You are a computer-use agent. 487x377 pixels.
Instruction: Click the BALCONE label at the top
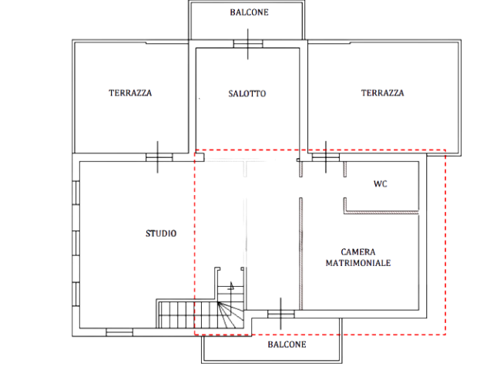pyautogui.click(x=249, y=12)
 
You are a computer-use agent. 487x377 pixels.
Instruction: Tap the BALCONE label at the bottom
pyautogui.click(x=287, y=345)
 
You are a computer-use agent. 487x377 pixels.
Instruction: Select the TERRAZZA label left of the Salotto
pyautogui.click(x=130, y=93)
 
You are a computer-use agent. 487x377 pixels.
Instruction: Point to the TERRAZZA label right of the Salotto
pyautogui.click(x=382, y=93)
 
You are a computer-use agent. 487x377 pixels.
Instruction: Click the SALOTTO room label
pyautogui.click(x=247, y=93)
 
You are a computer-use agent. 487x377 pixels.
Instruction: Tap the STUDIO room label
pyautogui.click(x=161, y=234)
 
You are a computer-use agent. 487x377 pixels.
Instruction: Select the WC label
pyautogui.click(x=381, y=184)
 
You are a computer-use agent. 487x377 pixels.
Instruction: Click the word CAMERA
pyautogui.click(x=358, y=252)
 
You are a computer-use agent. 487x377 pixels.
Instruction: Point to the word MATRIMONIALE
pyautogui.click(x=358, y=263)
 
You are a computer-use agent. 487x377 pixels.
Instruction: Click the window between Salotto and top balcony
pyautogui.click(x=248, y=44)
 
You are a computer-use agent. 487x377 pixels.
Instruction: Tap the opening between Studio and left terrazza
pyautogui.click(x=159, y=157)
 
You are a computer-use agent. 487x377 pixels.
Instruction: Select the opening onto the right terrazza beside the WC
pyautogui.click(x=326, y=157)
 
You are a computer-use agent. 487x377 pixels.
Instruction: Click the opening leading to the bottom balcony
pyautogui.click(x=281, y=314)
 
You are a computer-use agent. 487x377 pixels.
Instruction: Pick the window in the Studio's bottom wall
pyautogui.click(x=119, y=332)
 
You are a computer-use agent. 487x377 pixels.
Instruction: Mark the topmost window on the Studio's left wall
pyautogui.click(x=76, y=193)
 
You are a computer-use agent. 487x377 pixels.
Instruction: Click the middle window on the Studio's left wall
pyautogui.click(x=76, y=243)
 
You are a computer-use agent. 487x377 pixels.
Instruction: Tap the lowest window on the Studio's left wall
pyautogui.click(x=76, y=294)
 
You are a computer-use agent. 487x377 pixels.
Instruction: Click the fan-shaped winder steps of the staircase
pyautogui.click(x=230, y=315)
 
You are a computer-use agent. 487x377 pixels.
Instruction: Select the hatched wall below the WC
pyautogui.click(x=381, y=213)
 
